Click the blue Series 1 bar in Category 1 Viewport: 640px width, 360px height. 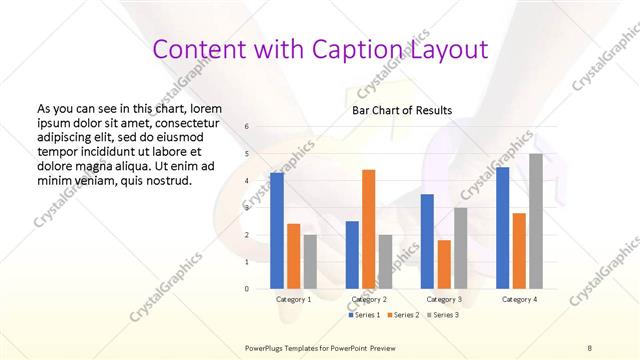tap(277, 230)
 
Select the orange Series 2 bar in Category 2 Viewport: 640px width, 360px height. tap(368, 229)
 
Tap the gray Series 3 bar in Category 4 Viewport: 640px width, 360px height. tap(536, 221)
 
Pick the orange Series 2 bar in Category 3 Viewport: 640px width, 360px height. tap(443, 264)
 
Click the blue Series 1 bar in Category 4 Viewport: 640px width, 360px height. tap(503, 228)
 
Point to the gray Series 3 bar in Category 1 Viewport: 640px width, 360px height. tap(310, 261)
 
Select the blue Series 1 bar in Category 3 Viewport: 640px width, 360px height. tap(427, 241)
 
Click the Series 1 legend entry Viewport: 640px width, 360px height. tap(365, 314)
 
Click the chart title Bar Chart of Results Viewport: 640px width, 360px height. tap(401, 110)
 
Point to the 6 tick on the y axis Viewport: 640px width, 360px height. tap(247, 127)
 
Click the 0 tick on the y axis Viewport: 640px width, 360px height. tap(247, 289)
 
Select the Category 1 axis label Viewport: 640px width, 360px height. tap(293, 299)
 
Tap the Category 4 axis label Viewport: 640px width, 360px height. tap(519, 299)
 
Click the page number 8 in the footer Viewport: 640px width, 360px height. tap(590, 347)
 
